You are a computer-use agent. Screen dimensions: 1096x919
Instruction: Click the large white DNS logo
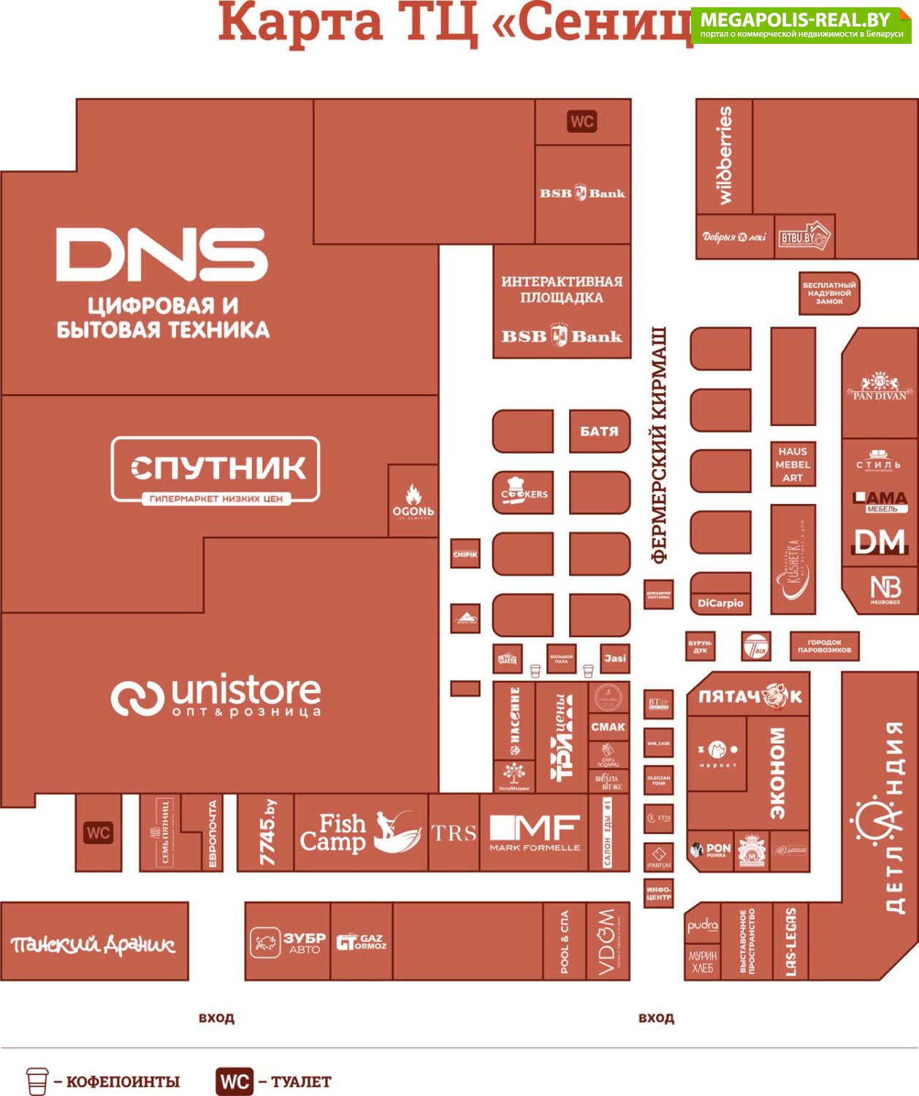pyautogui.click(x=162, y=254)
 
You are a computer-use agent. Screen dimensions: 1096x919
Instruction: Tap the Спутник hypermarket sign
pyautogui.click(x=216, y=470)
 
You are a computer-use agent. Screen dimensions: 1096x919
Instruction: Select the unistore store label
pyautogui.click(x=216, y=696)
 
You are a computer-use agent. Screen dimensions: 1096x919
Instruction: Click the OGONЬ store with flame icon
pyautogui.click(x=413, y=501)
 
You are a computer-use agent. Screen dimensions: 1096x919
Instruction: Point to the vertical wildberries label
pyautogui.click(x=725, y=156)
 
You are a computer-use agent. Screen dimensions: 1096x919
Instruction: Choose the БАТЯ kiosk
pyautogui.click(x=599, y=431)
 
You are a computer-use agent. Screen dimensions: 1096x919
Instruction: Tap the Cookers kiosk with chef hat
pyautogui.click(x=523, y=492)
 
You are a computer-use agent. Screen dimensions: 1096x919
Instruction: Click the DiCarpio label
pyautogui.click(x=720, y=603)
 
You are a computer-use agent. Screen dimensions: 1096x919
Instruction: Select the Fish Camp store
pyautogui.click(x=360, y=832)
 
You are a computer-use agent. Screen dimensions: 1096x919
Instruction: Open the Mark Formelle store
pyautogui.click(x=535, y=833)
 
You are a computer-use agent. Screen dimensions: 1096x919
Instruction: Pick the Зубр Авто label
pyautogui.click(x=287, y=942)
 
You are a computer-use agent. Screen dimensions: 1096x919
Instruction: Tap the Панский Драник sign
pyautogui.click(x=94, y=944)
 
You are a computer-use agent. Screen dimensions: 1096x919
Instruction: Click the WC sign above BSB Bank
pyautogui.click(x=582, y=121)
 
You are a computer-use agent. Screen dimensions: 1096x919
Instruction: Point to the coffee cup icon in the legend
pyautogui.click(x=37, y=1081)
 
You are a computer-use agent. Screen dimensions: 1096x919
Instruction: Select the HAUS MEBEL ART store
pyautogui.click(x=793, y=465)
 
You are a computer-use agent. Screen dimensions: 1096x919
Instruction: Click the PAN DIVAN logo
pyautogui.click(x=880, y=386)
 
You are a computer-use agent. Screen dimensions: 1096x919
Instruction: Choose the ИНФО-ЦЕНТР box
pyautogui.click(x=658, y=893)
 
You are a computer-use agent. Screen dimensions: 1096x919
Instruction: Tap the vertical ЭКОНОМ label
pyautogui.click(x=777, y=772)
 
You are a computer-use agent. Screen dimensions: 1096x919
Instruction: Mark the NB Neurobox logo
pyautogui.click(x=885, y=589)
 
